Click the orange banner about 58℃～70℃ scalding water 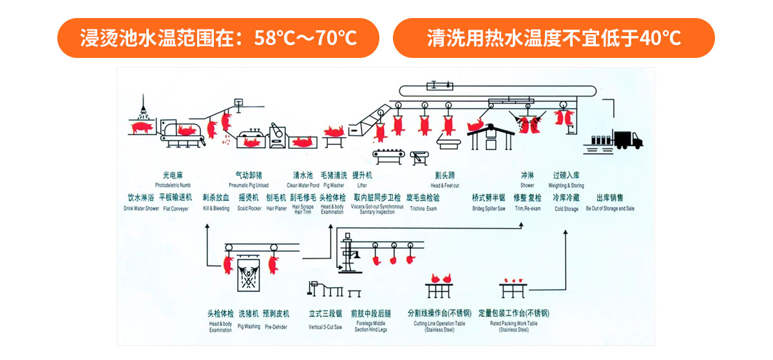(218, 38)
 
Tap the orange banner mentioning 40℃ (553, 38)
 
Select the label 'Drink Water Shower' (142, 209)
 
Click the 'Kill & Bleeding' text (216, 209)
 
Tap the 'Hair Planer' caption (276, 209)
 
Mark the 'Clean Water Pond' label (303, 185)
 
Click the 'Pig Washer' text (334, 185)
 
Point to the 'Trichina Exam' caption (423, 209)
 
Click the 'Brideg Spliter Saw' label (489, 209)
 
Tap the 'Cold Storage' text (566, 209)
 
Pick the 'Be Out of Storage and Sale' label (610, 209)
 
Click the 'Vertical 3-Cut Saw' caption (325, 327)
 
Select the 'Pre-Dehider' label (276, 327)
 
